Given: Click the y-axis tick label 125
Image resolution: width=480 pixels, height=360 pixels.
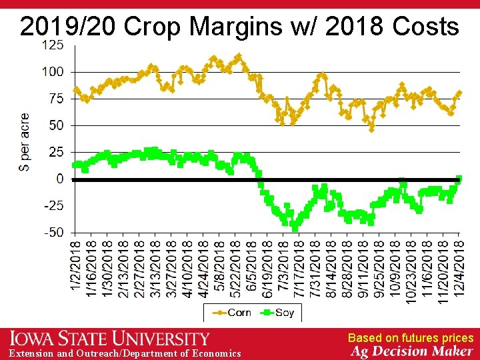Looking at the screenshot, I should point(53,45).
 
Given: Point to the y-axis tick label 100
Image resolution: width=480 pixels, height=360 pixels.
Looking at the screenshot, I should point(53,71).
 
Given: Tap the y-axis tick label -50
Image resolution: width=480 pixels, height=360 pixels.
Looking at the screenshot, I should point(53,233).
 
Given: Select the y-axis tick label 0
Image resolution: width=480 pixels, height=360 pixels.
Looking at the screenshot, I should point(60,179).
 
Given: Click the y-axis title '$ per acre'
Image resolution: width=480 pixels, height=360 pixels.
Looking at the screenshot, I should point(25,142).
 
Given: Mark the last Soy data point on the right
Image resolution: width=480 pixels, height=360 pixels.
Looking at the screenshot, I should point(459,179).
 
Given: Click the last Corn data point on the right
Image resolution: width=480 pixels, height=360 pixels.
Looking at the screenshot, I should point(459,93).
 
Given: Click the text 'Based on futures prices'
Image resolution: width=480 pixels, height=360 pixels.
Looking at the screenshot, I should point(410,339).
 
